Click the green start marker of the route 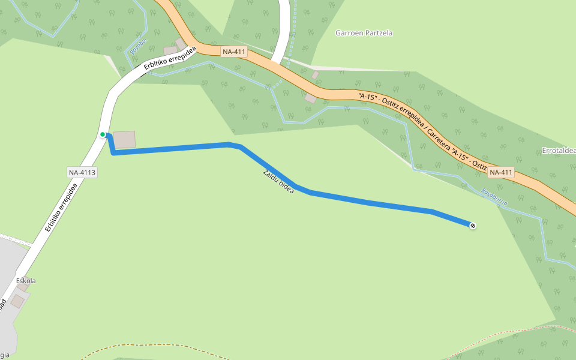tap(103, 134)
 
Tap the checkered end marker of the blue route tap(473, 225)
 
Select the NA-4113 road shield tap(82, 173)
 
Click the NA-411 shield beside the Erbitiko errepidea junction tap(234, 52)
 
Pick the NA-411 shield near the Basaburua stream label tap(501, 173)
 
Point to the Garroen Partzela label tap(364, 33)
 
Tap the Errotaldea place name tap(558, 150)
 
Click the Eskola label tap(26, 281)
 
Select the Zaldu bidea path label tap(278, 181)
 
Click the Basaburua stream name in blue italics tap(494, 197)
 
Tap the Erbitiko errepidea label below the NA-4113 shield tap(61, 207)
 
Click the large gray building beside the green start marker tap(124, 139)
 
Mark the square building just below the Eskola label tap(17, 301)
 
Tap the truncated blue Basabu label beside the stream tap(138, 46)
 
